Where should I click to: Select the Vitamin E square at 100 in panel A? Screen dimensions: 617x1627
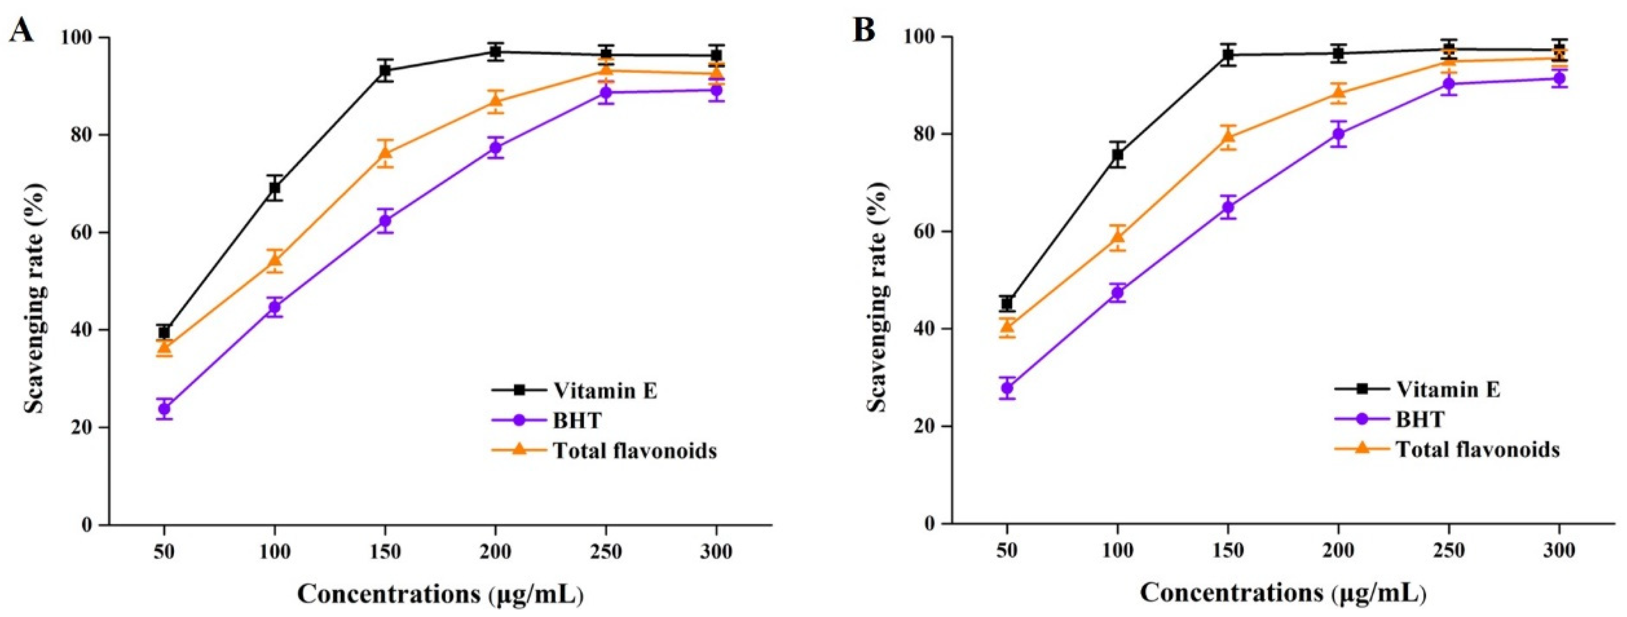click(275, 188)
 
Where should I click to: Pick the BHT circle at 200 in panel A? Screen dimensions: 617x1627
click(496, 148)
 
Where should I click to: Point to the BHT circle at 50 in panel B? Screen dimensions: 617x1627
click(1008, 388)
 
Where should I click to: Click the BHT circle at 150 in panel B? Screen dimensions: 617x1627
click(1228, 207)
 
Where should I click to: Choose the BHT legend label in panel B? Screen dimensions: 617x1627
click(1420, 419)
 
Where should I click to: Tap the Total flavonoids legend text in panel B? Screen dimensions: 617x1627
click(1477, 449)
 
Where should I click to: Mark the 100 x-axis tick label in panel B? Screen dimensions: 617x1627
click(1118, 551)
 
